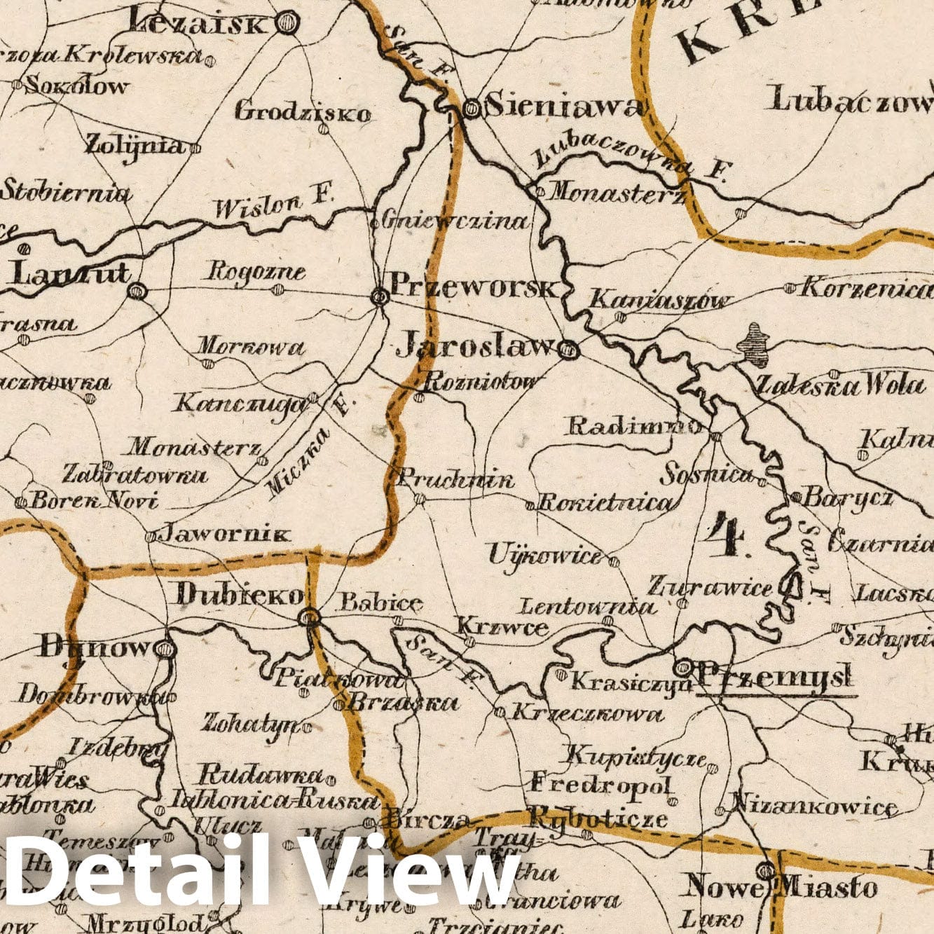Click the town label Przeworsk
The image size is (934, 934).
475,286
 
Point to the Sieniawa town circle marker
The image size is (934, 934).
473,108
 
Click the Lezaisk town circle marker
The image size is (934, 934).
285,25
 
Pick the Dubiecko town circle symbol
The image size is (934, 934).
308,617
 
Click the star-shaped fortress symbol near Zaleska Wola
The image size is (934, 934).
755,343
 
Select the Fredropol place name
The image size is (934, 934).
600,783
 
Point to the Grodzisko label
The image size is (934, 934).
302,111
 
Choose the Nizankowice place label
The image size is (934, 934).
815,808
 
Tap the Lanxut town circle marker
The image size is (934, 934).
137,291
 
